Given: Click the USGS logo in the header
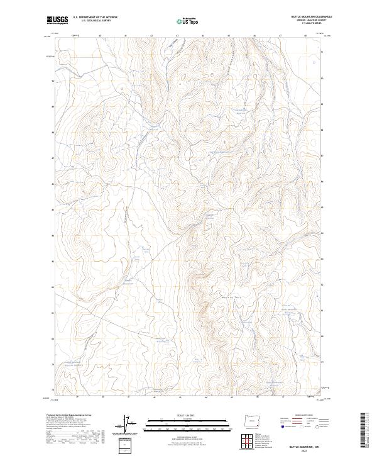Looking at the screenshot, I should pos(57,20).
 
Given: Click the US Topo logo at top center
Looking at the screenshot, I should pos(188,21).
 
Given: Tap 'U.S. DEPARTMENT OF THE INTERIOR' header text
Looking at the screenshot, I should pos(95,18).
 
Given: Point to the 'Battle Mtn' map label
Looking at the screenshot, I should pos(232,296).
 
